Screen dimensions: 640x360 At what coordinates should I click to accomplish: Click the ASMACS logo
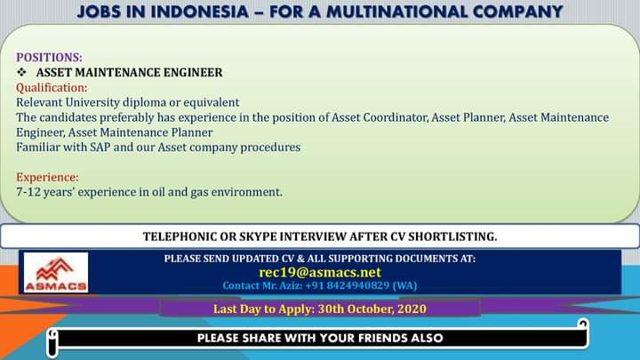pyautogui.click(x=56, y=272)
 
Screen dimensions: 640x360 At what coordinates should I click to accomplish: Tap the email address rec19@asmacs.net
pyautogui.click(x=320, y=272)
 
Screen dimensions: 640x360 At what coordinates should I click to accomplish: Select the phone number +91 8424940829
pyautogui.click(x=348, y=285)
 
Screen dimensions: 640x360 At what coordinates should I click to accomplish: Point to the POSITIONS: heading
pyautogui.click(x=49, y=57)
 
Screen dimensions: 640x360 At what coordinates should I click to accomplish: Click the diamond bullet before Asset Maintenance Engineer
pyautogui.click(x=21, y=72)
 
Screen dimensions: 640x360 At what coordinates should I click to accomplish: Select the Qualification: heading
pyautogui.click(x=52, y=88)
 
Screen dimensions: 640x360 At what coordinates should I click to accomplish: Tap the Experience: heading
pyautogui.click(x=47, y=177)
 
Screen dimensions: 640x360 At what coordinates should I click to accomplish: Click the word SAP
pyautogui.click(x=100, y=147)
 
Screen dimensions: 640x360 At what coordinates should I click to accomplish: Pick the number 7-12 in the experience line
pyautogui.click(x=28, y=192)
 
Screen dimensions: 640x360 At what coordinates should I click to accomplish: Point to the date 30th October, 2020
pyautogui.click(x=372, y=308)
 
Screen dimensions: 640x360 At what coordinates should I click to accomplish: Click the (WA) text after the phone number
pyautogui.click(x=404, y=285)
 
